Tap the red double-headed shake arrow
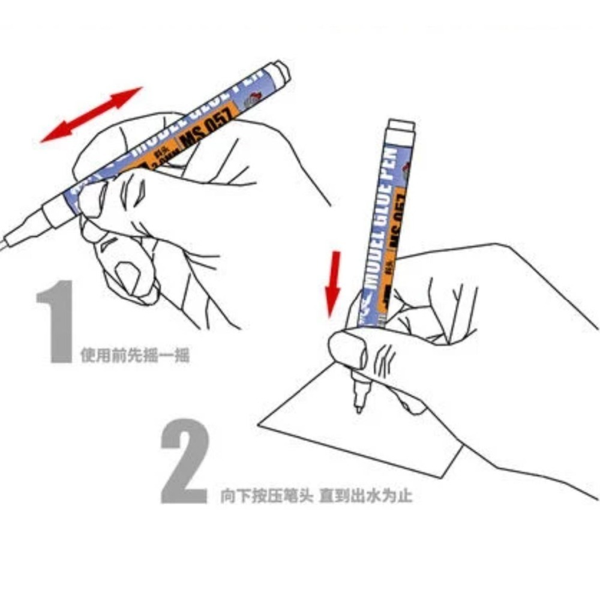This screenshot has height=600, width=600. click(91, 115)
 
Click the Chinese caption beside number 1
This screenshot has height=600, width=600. click(135, 356)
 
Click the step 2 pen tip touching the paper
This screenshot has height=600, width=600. click(358, 409)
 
